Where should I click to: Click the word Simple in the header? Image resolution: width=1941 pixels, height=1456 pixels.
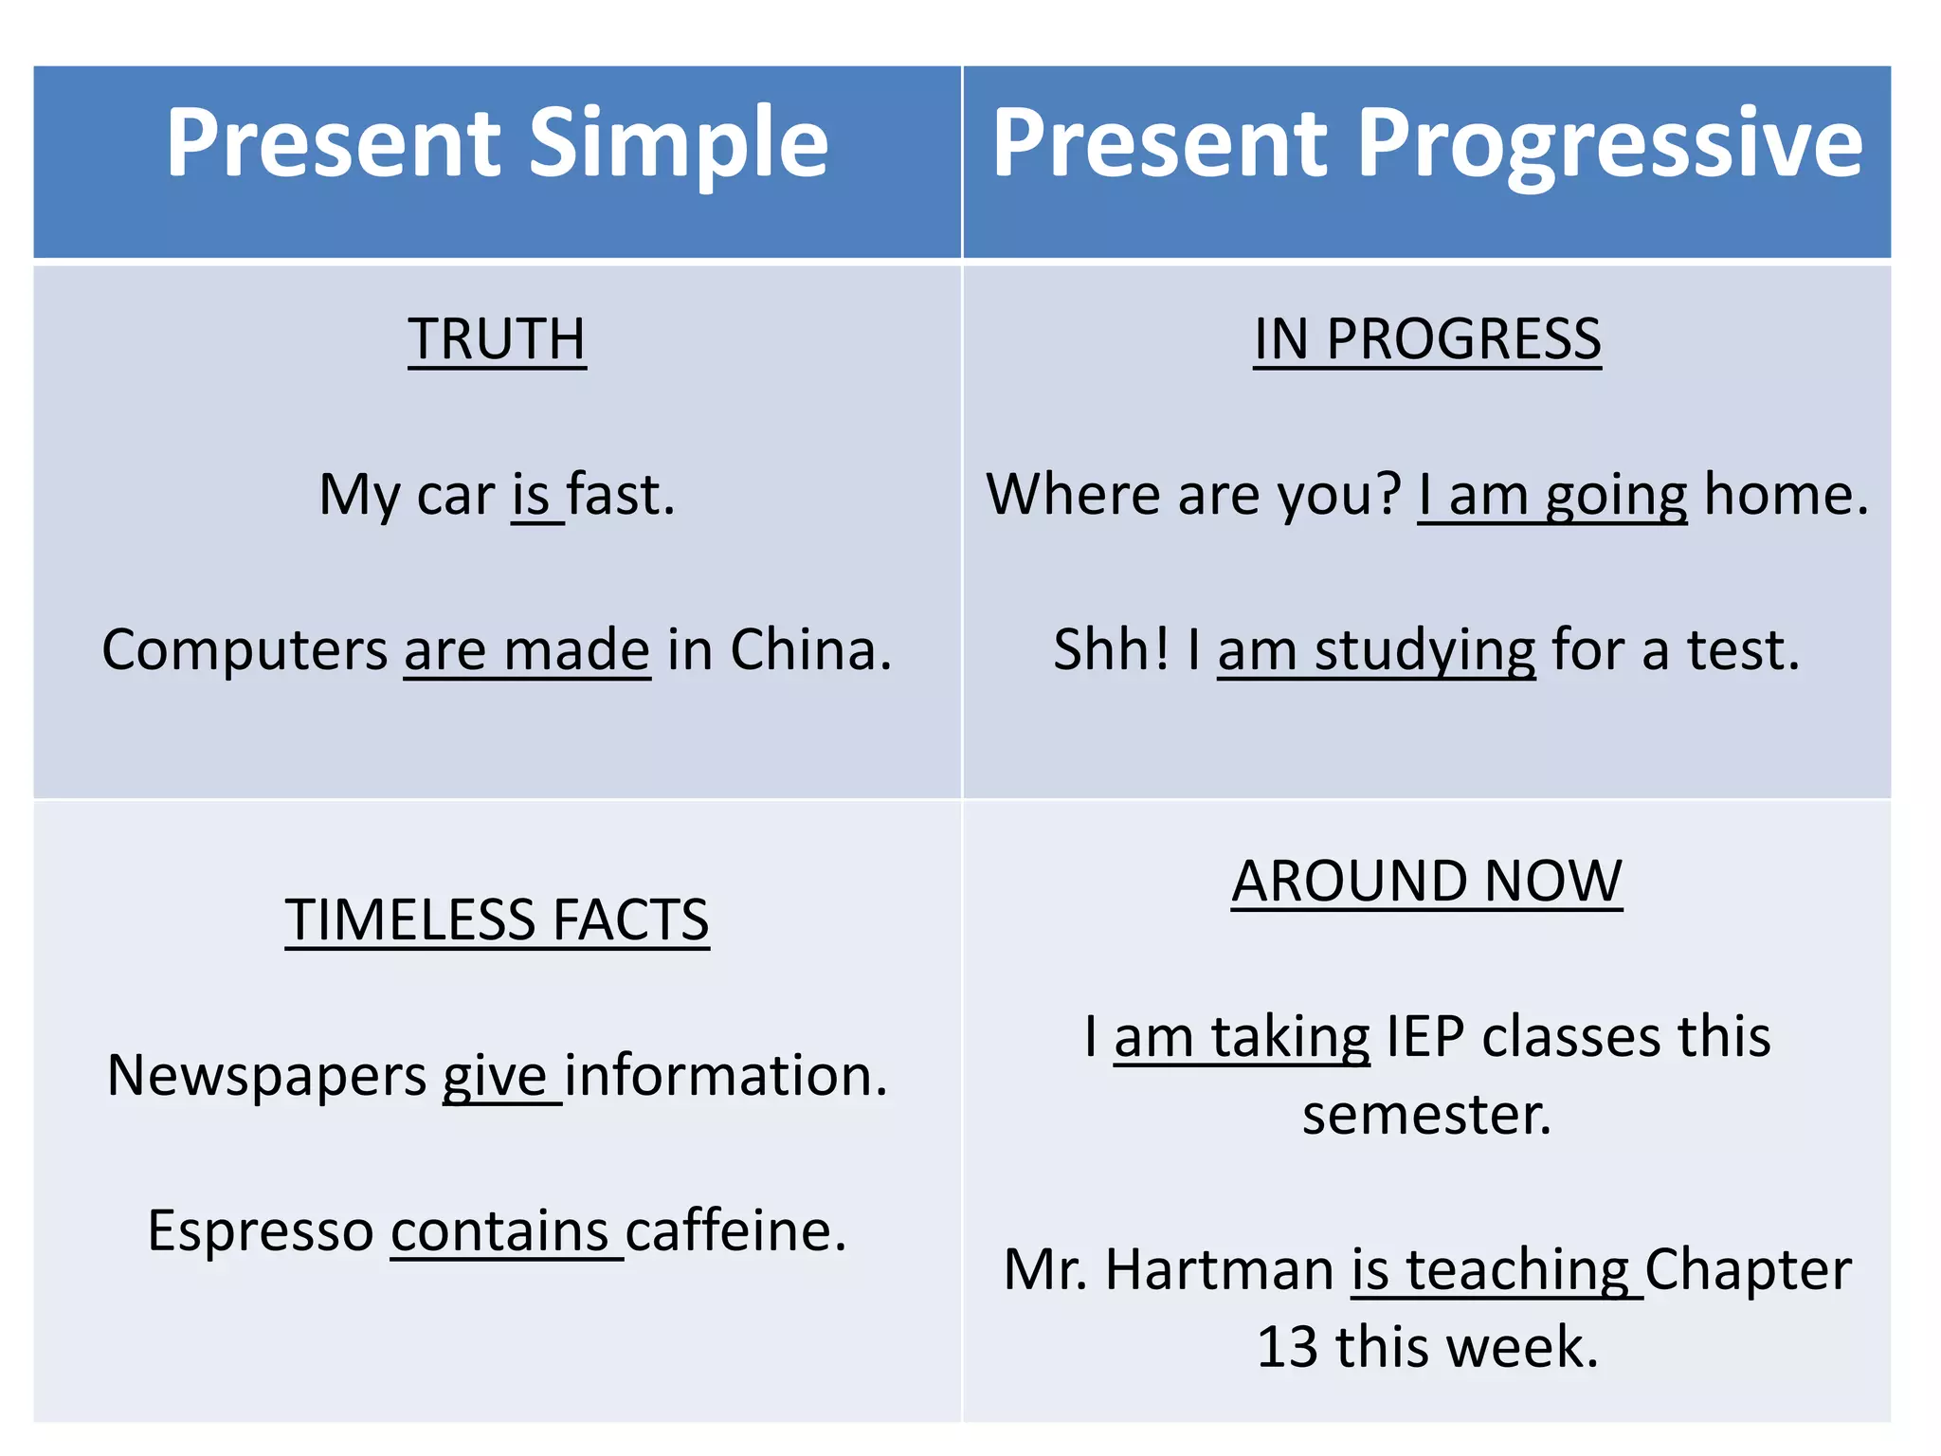tap(678, 143)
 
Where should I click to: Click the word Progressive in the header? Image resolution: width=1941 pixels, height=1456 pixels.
tap(1610, 143)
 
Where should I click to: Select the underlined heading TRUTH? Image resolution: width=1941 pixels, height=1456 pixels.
tap(497, 339)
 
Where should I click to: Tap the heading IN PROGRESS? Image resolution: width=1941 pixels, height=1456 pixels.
tap(1427, 339)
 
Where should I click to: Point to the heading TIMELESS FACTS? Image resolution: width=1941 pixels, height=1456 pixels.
tap(497, 920)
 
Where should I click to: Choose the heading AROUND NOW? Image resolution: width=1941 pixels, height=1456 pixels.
tap(1426, 882)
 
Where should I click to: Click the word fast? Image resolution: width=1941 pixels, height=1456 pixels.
tap(621, 495)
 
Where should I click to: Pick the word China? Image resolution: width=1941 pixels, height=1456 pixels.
tap(811, 650)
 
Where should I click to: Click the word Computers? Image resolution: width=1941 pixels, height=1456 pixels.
tap(245, 650)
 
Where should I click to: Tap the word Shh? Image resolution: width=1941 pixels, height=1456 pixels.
tap(1111, 650)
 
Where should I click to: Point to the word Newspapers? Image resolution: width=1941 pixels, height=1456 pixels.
tap(267, 1077)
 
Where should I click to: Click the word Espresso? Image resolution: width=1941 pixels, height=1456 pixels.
tap(261, 1231)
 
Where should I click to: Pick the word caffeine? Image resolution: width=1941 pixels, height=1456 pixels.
tap(735, 1231)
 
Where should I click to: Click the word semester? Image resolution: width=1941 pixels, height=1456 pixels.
tap(1426, 1115)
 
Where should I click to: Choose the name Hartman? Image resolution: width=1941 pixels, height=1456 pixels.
tap(1220, 1270)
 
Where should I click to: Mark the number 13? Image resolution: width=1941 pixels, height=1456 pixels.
tap(1287, 1348)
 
